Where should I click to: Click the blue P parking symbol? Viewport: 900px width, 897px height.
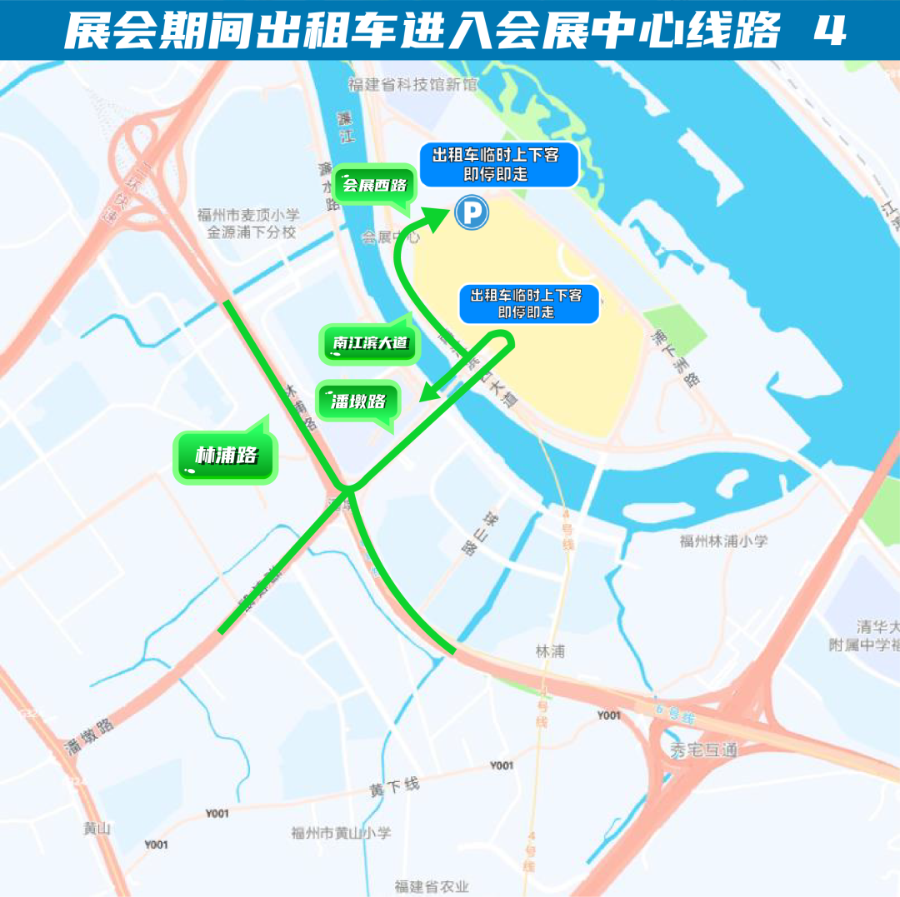pos(472,213)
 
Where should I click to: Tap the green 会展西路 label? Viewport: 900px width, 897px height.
pos(374,185)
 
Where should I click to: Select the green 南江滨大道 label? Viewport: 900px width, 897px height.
pos(367,343)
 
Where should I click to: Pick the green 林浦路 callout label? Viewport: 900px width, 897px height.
pos(225,456)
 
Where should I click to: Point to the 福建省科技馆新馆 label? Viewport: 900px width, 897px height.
pos(412,84)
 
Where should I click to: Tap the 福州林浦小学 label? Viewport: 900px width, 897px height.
pos(722,541)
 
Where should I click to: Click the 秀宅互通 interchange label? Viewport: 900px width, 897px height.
pos(703,750)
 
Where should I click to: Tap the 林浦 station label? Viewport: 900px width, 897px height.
pos(550,650)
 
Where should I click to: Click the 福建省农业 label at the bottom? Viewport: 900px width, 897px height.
pos(432,886)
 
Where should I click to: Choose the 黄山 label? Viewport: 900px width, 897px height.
pos(97,828)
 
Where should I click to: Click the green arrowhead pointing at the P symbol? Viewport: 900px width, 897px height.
pos(437,219)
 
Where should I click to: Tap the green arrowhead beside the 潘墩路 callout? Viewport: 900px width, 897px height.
pos(428,392)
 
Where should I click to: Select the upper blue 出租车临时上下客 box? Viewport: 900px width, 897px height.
pos(498,165)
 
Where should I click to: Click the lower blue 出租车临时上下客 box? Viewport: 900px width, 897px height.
pos(528,304)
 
